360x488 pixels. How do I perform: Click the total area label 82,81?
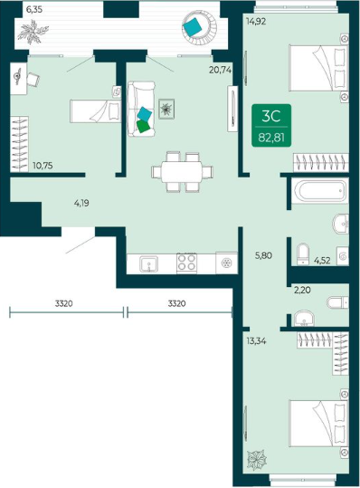tap(271, 137)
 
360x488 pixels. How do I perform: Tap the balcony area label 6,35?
tap(34, 10)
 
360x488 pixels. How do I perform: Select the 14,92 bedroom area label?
tap(256, 22)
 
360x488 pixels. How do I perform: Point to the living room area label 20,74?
tap(220, 71)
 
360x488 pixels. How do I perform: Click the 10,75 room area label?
tap(43, 166)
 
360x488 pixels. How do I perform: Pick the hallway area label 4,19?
tap(81, 203)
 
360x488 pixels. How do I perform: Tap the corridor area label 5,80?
tap(263, 255)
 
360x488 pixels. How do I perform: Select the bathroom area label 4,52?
tap(322, 260)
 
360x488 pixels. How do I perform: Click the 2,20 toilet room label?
tap(302, 291)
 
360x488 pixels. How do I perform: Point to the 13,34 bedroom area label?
tap(256, 341)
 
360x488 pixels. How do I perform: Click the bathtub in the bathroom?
tap(320, 190)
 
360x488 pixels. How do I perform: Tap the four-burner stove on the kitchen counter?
tap(187, 263)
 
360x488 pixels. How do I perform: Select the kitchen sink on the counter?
tap(149, 264)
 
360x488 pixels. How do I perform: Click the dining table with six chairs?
tap(182, 172)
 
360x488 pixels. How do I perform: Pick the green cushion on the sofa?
tap(144, 127)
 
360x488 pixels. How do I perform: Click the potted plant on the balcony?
tap(33, 32)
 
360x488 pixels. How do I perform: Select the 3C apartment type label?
tap(271, 116)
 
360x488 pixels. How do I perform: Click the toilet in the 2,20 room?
tap(338, 301)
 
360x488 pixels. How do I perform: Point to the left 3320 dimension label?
tap(63, 303)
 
